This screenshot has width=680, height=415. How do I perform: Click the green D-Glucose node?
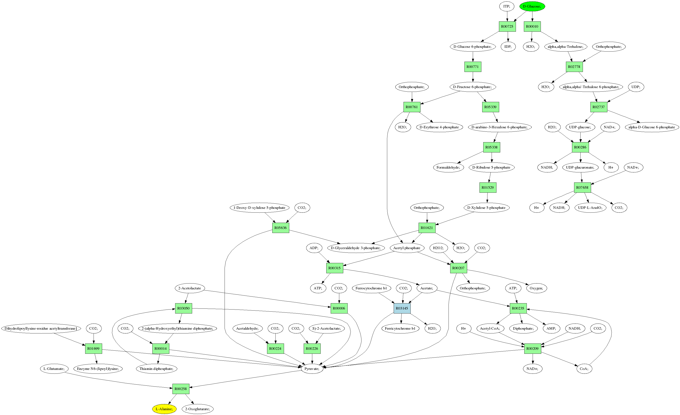click(x=532, y=6)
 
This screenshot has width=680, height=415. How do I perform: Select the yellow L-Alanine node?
click(x=164, y=409)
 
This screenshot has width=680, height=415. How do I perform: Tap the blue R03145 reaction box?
click(x=402, y=308)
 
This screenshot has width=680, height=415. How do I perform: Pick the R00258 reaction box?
click(x=181, y=389)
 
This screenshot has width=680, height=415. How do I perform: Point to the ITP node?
click(x=506, y=6)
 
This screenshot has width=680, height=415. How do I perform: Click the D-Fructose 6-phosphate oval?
click(x=472, y=87)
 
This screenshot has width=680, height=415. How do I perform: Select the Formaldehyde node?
click(x=448, y=167)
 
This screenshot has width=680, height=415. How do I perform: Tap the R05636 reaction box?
click(x=281, y=228)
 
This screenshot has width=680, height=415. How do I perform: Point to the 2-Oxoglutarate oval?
click(x=197, y=409)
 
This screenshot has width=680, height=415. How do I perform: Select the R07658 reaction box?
click(x=582, y=187)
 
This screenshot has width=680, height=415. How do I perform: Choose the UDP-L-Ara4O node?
click(x=590, y=208)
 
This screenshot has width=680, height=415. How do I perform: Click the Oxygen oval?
click(x=536, y=288)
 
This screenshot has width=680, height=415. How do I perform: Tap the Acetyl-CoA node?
click(x=490, y=328)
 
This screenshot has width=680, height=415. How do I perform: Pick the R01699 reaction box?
click(x=94, y=349)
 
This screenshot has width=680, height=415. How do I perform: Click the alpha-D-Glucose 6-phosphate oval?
click(x=652, y=127)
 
